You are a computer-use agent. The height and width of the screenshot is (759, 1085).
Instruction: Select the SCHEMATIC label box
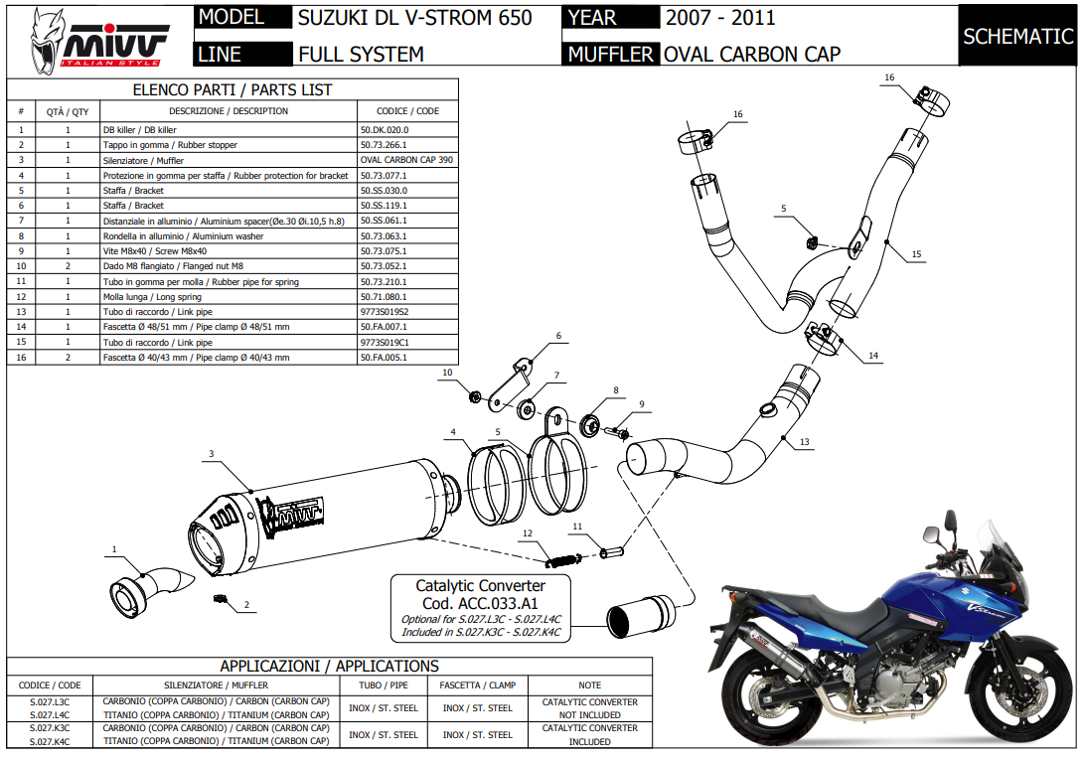coord(1017,36)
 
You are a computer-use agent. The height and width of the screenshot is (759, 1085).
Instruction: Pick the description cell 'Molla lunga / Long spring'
coord(152,297)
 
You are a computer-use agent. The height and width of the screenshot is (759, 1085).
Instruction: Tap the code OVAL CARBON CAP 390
coord(405,160)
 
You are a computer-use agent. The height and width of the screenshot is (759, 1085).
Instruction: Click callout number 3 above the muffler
coord(212,454)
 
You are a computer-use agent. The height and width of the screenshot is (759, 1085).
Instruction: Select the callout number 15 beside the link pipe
coord(916,254)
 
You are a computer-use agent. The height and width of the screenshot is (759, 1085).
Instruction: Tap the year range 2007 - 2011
coord(720,18)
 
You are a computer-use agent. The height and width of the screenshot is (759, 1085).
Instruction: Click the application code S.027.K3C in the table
coord(50,728)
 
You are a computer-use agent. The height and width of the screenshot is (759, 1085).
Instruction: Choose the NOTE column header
coord(589,685)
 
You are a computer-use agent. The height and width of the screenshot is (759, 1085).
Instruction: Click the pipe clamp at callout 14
coord(824,337)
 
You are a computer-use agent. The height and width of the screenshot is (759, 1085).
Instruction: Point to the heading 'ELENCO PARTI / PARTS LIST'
coord(232,89)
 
